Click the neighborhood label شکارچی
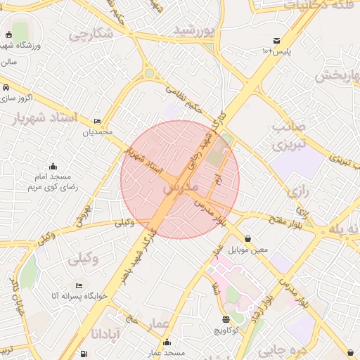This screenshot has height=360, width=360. [x=91, y=33]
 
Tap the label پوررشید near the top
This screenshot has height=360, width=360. [x=193, y=30]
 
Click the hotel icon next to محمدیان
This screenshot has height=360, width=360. [x=97, y=121]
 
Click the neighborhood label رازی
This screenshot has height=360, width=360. [x=295, y=191]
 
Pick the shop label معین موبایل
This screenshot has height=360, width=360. [x=249, y=249]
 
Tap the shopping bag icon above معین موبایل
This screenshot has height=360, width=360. [x=249, y=238]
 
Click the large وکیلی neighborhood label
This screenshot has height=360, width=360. [x=84, y=258]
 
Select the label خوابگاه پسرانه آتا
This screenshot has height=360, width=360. [x=79, y=296]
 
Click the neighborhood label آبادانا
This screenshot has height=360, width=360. [x=107, y=330]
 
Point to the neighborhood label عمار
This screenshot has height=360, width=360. [x=159, y=323]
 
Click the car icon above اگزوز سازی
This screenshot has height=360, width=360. [x=6, y=88]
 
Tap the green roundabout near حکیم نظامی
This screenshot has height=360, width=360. [x=150, y=73]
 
